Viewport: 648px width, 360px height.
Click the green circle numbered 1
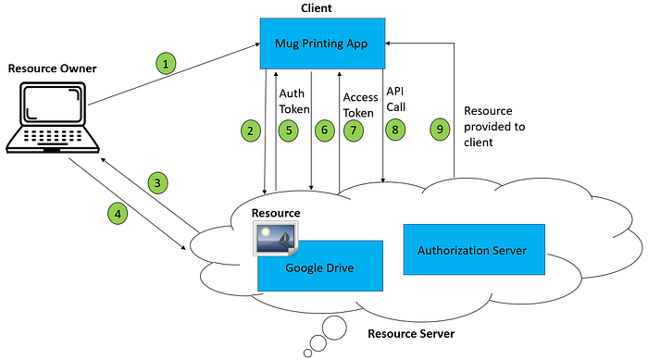point(165,64)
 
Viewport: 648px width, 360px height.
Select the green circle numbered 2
point(250,130)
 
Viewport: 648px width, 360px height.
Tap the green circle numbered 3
point(159,183)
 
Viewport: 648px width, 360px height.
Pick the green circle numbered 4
point(117,214)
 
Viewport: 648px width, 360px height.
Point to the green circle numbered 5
point(290,130)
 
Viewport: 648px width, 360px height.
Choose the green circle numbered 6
point(324,130)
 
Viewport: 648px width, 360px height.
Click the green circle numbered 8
point(395,130)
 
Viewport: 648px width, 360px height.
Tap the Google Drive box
point(320,267)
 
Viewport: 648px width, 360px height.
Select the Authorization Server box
point(472,250)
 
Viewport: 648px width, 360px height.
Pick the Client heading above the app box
point(317,7)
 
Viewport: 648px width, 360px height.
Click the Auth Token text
point(294,100)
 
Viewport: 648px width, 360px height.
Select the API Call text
point(396,98)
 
